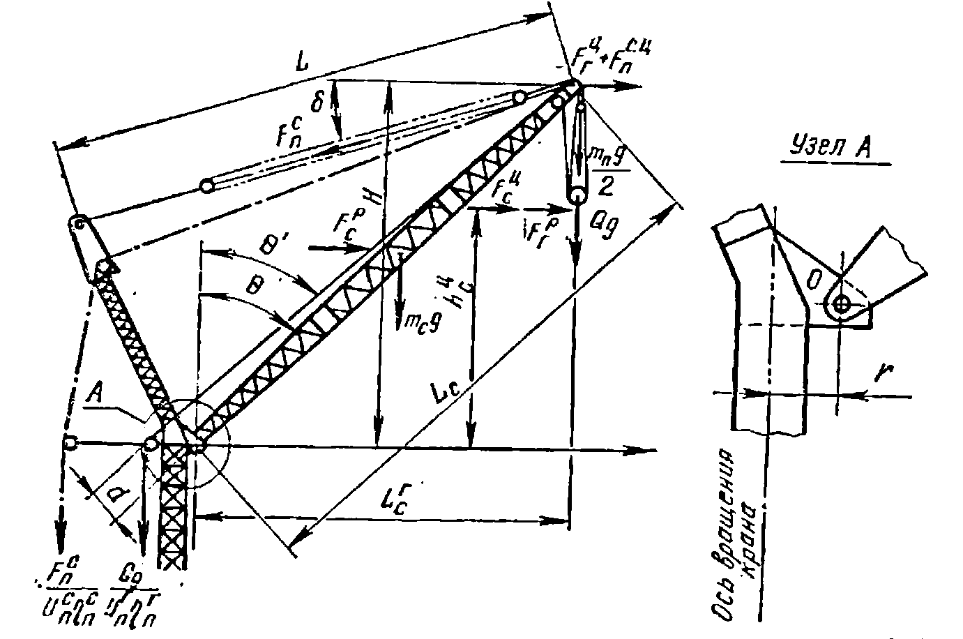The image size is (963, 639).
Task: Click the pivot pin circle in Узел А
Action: click(x=842, y=304)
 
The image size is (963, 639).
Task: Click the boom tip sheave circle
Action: click(x=573, y=87)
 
